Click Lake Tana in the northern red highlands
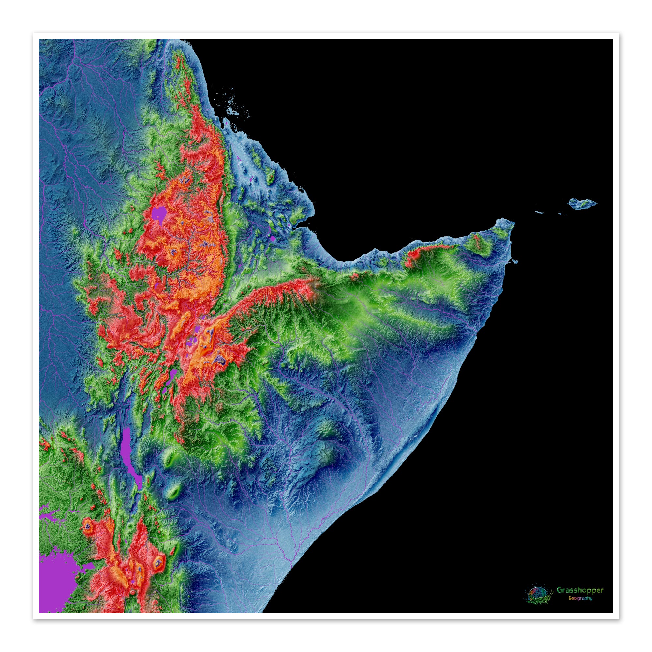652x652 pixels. [x=159, y=214]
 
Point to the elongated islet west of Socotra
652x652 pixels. [x=539, y=212]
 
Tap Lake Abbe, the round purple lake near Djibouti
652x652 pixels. [x=273, y=238]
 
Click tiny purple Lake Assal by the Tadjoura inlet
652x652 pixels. [x=289, y=224]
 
